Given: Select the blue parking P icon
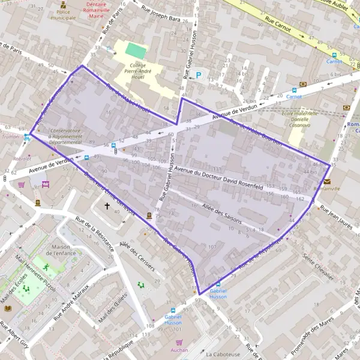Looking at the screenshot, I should [199, 76].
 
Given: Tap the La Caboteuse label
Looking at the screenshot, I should [223, 354].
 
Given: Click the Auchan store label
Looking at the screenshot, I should [179, 350].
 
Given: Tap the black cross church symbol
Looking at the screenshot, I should [108, 206].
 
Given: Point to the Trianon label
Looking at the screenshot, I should [10, 136].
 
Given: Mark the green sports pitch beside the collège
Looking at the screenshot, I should [136, 50].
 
